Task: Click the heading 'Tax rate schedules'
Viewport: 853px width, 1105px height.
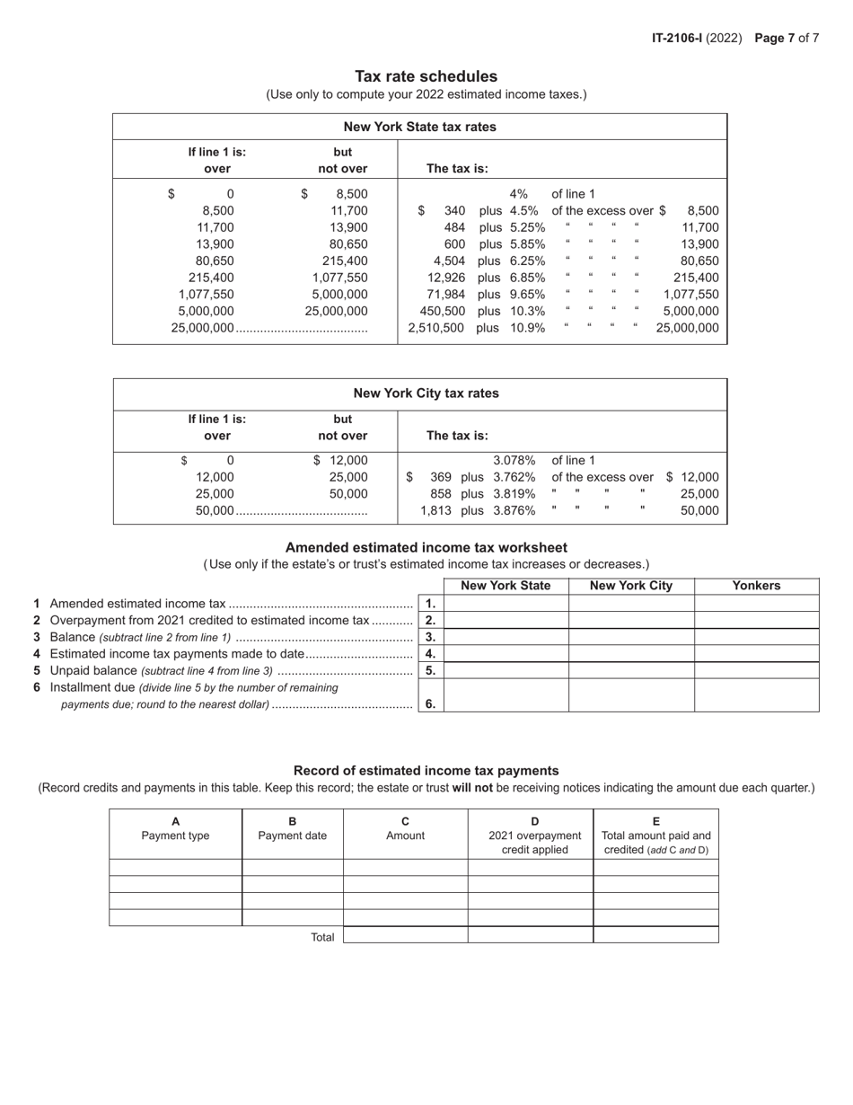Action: (x=426, y=76)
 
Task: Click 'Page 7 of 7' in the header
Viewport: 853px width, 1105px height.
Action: (x=787, y=38)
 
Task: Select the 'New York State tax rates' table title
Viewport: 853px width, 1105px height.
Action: (x=419, y=127)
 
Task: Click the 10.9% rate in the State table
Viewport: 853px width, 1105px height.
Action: (x=527, y=328)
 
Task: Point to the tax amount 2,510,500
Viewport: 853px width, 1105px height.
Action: (x=435, y=328)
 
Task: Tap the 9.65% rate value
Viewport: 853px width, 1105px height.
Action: (x=527, y=294)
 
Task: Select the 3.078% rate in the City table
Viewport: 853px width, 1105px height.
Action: (x=514, y=460)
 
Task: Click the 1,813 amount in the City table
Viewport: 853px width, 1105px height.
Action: (x=435, y=510)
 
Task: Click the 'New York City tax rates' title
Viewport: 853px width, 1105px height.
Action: (x=426, y=393)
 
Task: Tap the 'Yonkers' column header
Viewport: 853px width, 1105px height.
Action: (x=756, y=586)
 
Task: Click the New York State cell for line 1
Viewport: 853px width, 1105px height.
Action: (x=506, y=604)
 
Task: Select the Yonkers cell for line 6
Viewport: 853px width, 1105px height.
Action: (x=756, y=695)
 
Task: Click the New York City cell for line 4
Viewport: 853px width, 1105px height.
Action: (x=631, y=653)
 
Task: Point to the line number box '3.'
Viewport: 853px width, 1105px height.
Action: (x=431, y=637)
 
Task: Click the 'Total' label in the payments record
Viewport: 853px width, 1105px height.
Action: (x=322, y=937)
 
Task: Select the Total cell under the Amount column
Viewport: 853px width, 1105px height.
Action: (x=405, y=935)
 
